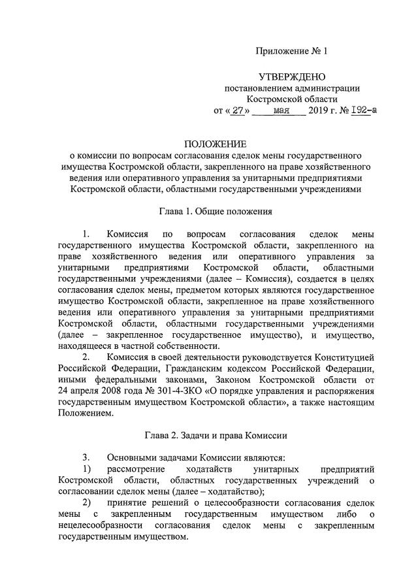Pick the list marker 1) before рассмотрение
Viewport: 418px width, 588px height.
coord(87,469)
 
